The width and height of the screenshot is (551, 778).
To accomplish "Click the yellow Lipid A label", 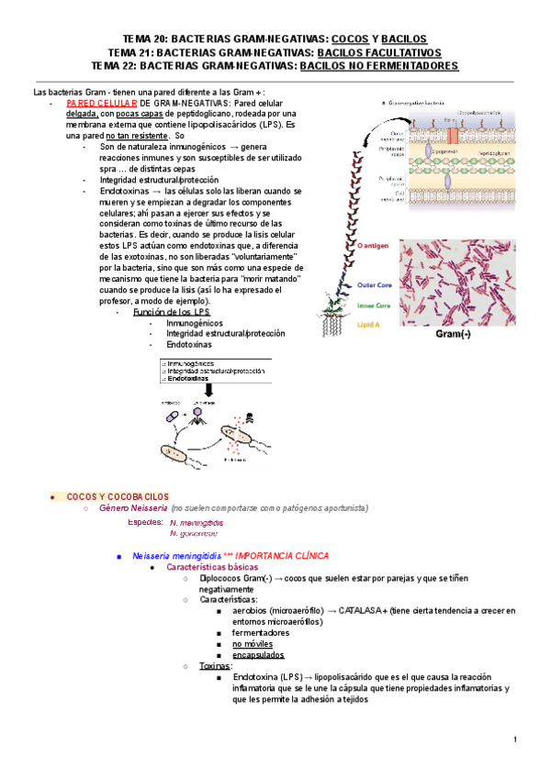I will [x=369, y=325].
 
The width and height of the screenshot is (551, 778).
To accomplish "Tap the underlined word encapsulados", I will [x=258, y=655].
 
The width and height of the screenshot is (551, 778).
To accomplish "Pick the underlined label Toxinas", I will [x=216, y=666].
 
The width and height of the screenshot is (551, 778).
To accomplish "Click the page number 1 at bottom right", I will [x=515, y=740].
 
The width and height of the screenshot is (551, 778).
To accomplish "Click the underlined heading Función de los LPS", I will [x=171, y=312].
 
